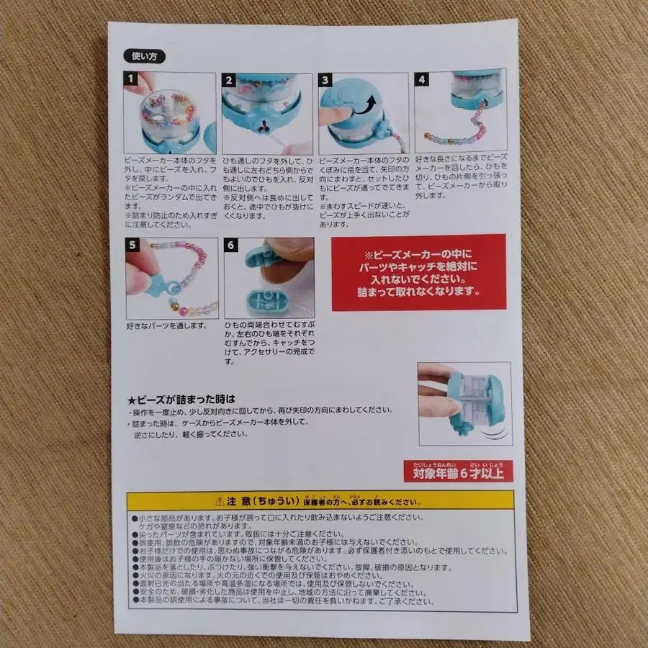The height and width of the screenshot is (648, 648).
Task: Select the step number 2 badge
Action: [230, 80]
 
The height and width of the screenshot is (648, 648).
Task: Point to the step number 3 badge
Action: [326, 80]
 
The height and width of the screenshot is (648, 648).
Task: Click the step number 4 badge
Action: [423, 78]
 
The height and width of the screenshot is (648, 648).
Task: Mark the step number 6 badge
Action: [230, 246]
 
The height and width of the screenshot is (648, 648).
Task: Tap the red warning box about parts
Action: [418, 272]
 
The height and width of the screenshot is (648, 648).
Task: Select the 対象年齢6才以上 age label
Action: [459, 472]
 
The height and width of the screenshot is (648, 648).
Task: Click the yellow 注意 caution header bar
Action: [320, 500]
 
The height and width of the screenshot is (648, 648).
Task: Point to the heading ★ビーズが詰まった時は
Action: [181, 397]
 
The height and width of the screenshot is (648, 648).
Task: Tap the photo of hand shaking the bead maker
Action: [464, 403]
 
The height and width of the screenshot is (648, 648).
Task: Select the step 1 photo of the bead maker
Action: [171, 112]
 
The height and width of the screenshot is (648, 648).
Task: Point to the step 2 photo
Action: [267, 112]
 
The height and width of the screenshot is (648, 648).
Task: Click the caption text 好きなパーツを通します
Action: [166, 325]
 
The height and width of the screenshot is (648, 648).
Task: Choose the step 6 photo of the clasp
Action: [269, 278]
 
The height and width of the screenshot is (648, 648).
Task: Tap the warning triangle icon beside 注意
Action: [219, 500]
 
